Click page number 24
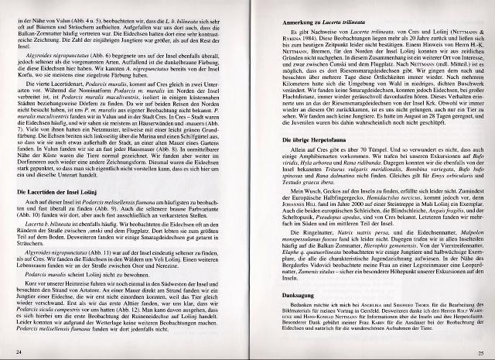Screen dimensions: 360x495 point(17,352)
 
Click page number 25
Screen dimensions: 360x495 point(478,352)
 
